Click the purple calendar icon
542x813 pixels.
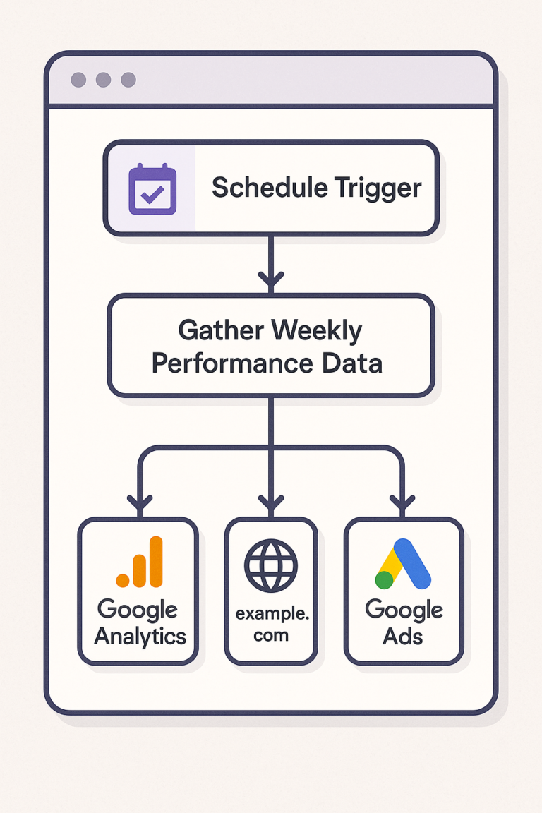click(x=152, y=188)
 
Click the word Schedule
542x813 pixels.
click(x=270, y=187)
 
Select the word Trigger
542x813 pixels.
click(x=378, y=188)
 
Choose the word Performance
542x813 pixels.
click(x=232, y=363)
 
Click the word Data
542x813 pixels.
click(x=352, y=363)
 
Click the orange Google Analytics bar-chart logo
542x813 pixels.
click(x=140, y=562)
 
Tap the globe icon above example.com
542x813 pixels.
click(x=271, y=566)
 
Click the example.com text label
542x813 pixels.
click(x=272, y=625)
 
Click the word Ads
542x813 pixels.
click(x=402, y=636)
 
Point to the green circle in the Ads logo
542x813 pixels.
click(x=385, y=579)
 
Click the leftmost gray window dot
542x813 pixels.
click(x=78, y=80)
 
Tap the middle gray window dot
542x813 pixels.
click(x=103, y=80)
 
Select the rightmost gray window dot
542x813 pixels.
click(x=128, y=80)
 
